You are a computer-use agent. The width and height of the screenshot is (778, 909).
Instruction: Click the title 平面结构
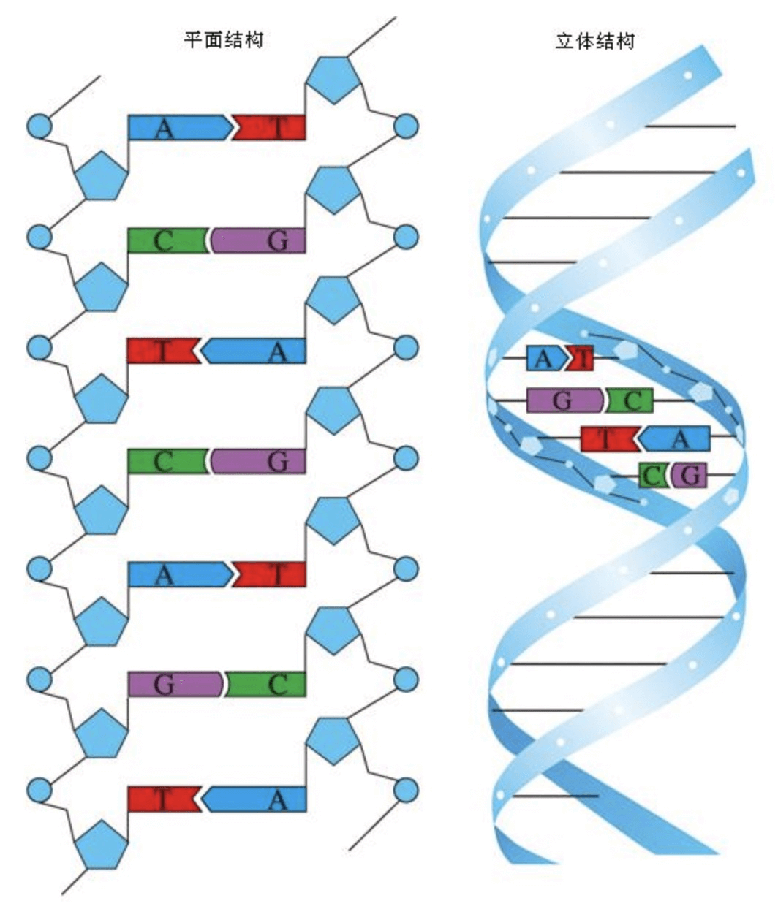222,39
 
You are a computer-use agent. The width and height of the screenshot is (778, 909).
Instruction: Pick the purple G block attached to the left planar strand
174,684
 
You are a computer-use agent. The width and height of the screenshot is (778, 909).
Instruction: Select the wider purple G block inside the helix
564,400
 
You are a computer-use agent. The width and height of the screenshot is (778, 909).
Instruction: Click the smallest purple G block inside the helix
690,476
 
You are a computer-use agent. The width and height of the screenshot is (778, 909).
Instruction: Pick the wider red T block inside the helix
608,438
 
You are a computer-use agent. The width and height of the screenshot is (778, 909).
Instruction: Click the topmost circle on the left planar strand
39,126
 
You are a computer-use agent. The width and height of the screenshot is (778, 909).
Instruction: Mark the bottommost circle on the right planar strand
406,790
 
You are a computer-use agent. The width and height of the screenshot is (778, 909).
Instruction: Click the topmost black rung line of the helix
690,126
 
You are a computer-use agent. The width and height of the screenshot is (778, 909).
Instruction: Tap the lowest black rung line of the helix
556,796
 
